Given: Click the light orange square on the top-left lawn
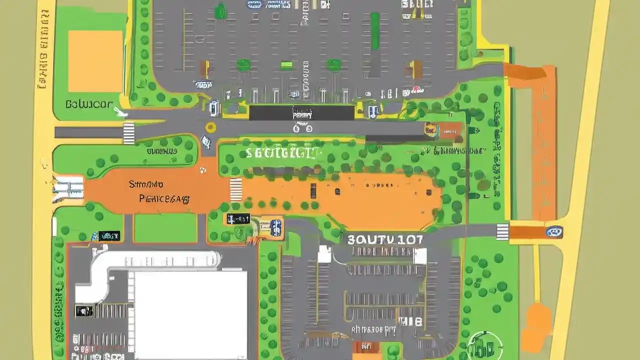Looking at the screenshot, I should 95,61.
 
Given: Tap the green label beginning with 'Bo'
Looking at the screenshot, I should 89,105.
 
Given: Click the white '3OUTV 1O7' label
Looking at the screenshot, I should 385,239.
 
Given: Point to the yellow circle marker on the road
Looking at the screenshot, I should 210,127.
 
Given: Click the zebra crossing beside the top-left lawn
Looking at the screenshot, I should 128,132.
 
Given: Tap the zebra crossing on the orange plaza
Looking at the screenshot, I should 235,189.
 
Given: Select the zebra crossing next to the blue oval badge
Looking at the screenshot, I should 502,232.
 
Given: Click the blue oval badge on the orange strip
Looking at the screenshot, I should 554,231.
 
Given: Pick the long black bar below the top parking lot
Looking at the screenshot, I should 301,113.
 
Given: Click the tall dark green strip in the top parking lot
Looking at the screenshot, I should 374,31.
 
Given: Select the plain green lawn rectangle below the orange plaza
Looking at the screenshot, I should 165,228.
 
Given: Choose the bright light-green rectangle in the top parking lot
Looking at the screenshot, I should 286,65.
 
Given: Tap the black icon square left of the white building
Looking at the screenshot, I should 83,311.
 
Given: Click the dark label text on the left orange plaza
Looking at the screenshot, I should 159,192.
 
